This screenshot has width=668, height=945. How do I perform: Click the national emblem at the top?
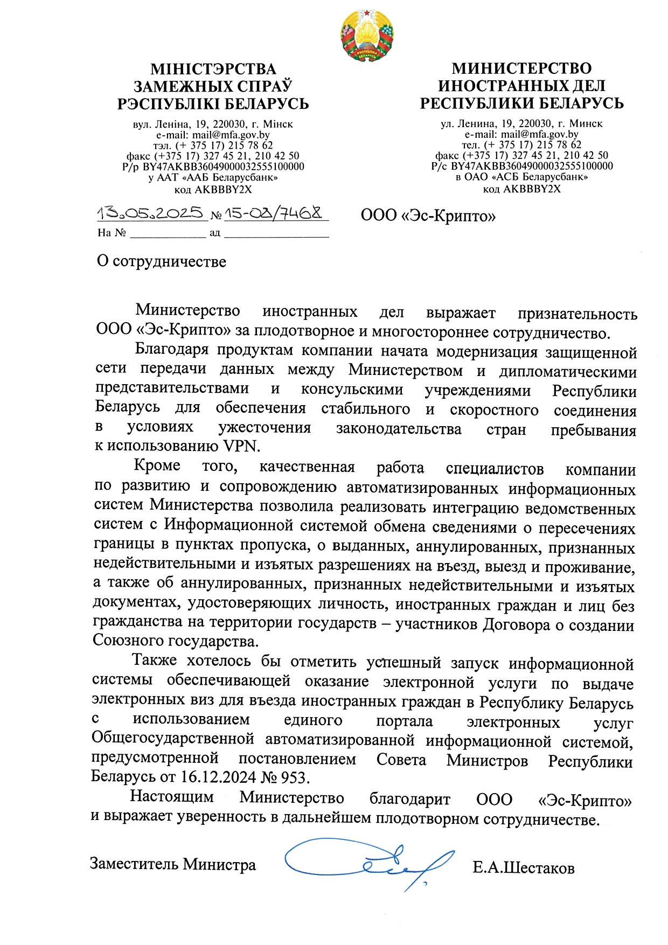(367, 36)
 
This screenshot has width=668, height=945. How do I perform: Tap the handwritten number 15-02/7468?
(275, 213)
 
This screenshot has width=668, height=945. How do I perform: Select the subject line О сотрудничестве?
(161, 262)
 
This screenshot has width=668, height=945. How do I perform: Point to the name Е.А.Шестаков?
(523, 868)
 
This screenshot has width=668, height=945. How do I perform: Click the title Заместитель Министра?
(172, 864)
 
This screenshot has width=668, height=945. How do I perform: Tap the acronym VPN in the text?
(241, 446)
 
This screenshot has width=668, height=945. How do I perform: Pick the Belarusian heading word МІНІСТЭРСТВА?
(213, 70)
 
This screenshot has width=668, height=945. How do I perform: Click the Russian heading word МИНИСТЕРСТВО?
(521, 68)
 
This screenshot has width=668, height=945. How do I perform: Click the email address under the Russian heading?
(539, 134)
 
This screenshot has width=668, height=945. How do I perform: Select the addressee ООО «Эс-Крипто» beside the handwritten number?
(428, 216)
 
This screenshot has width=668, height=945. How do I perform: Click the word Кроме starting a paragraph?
(157, 465)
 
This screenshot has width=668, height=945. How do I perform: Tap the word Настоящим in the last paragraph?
(172, 796)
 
